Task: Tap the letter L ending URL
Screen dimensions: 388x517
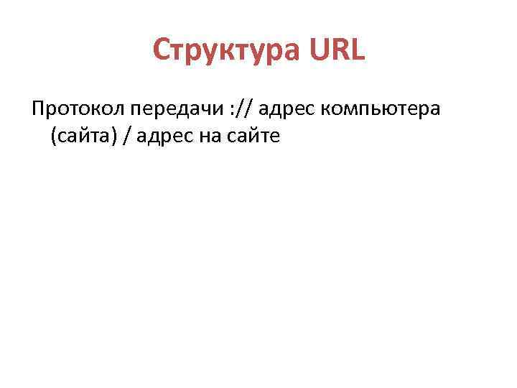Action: (x=357, y=50)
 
